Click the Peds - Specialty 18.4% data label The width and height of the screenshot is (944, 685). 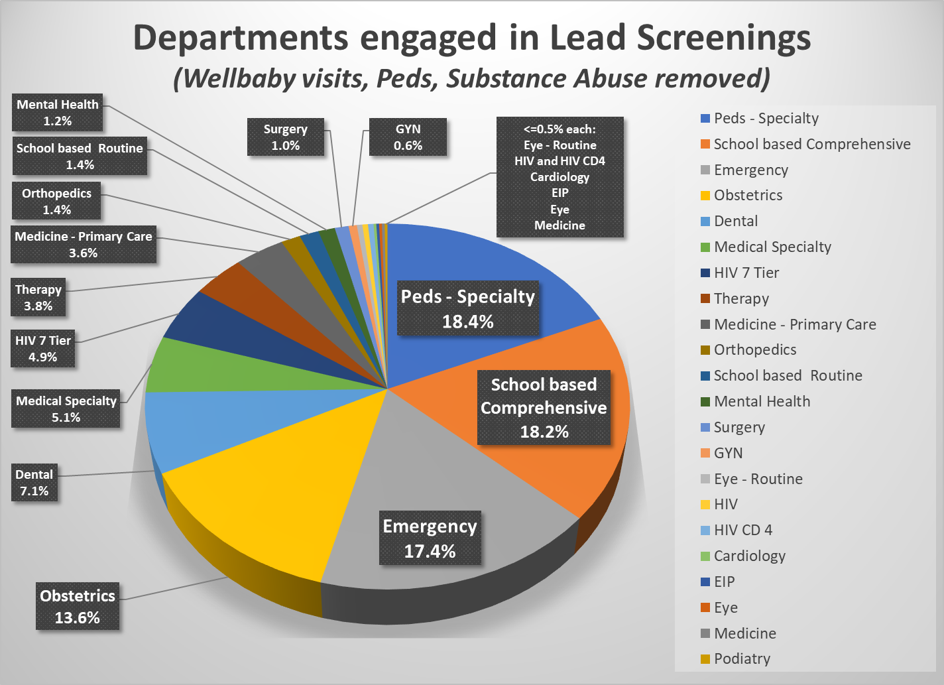click(x=468, y=309)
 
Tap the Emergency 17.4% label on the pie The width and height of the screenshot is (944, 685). click(x=430, y=538)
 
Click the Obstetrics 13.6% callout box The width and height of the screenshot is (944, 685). click(x=78, y=606)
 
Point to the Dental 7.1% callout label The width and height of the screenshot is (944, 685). click(x=34, y=483)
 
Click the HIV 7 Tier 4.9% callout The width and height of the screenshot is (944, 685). click(x=43, y=348)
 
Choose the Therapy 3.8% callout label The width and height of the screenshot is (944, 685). click(x=38, y=297)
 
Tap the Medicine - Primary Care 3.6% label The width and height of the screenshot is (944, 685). click(x=84, y=244)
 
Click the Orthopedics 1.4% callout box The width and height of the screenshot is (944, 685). click(x=57, y=201)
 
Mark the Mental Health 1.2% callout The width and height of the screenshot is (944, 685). click(x=58, y=112)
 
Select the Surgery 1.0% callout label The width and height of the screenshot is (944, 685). click(x=286, y=137)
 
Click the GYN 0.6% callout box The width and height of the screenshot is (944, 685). click(x=408, y=137)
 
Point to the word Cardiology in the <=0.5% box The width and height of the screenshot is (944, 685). click(x=560, y=177)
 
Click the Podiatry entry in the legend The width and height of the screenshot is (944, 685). click(x=741, y=658)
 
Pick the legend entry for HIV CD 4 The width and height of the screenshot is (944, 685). click(x=742, y=530)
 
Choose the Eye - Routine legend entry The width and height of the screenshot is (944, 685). click(x=758, y=479)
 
